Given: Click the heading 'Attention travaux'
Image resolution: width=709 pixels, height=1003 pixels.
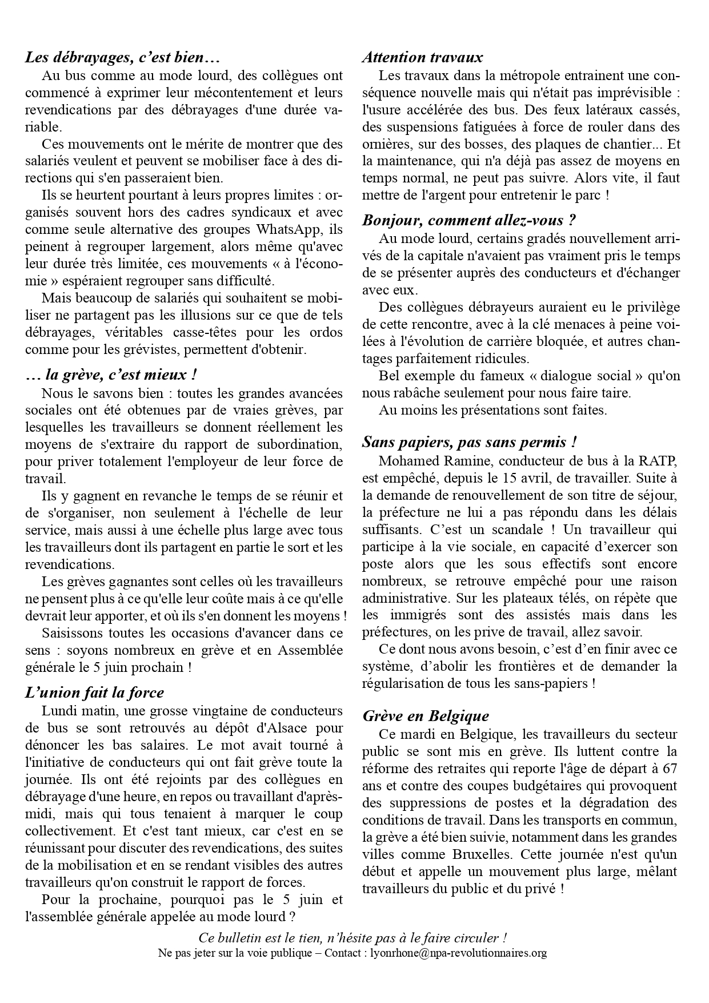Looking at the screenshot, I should coord(422,57).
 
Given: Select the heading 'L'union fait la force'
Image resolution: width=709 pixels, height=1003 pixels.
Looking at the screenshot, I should coord(94,692).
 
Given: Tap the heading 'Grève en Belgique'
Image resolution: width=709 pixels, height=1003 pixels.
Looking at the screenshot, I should coord(426,715).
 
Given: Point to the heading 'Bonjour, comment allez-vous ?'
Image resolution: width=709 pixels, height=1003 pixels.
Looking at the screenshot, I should coord(469,220).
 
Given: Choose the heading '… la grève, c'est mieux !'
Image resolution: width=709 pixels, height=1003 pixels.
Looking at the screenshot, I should coord(111,375).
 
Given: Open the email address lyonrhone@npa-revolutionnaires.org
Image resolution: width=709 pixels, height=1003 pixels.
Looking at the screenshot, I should coord(458,953).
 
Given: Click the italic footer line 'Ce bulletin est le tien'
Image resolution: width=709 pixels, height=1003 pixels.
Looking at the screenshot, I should coord(353,938).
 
